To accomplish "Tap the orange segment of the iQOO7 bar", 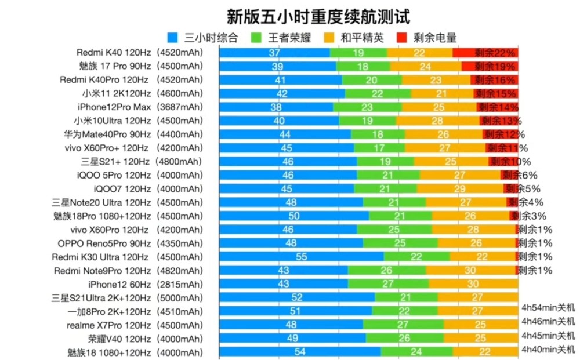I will click(x=460, y=188).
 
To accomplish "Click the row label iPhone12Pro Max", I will click(x=114, y=107).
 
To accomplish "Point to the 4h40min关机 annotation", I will click(x=548, y=349).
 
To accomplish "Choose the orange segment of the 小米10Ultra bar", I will click(x=437, y=121).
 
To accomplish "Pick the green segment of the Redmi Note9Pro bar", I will click(x=386, y=270).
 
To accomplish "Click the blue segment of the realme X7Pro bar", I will click(x=291, y=325).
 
